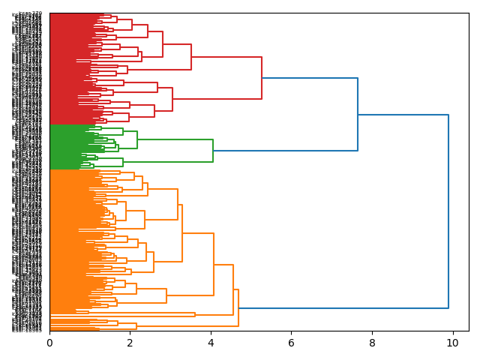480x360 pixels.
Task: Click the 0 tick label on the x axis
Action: point(49,343)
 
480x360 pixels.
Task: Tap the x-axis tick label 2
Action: point(130,343)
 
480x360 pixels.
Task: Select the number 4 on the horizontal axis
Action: point(211,343)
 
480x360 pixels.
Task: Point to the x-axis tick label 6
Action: point(291,343)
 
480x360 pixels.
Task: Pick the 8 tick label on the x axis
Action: point(372,343)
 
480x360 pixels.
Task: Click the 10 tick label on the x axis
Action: point(452,343)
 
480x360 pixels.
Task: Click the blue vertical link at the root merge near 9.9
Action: point(448,211)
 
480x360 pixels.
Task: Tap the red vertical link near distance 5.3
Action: point(262,78)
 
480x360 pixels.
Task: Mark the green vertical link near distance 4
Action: point(213,151)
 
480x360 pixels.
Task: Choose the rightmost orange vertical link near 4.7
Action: point(238,307)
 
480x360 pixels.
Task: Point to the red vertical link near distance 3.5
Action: point(191,57)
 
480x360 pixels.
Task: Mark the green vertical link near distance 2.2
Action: point(137,140)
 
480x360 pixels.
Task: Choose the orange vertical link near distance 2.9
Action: point(166,296)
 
